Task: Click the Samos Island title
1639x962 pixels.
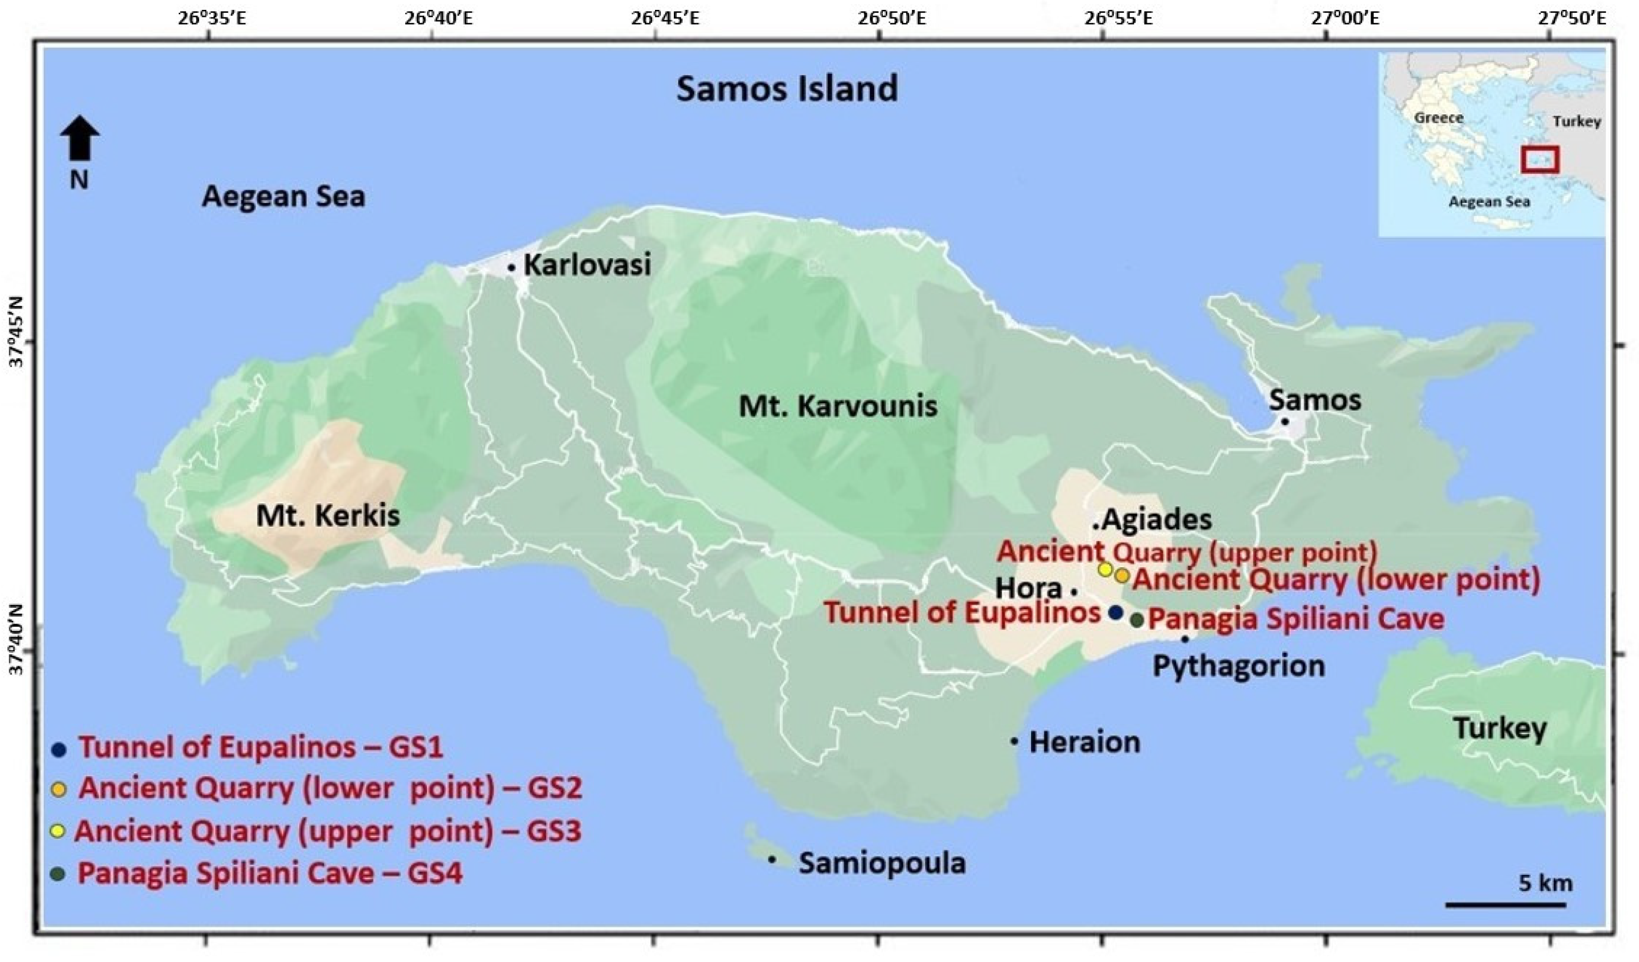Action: pos(786,89)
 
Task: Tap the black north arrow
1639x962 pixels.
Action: pos(79,139)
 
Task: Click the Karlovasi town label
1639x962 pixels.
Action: pos(587,266)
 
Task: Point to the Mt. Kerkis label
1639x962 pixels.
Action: pos(328,517)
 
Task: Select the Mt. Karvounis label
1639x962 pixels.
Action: pos(838,407)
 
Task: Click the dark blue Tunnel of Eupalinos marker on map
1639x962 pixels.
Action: pos(1115,612)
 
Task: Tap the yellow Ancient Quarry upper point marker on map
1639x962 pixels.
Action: pos(1105,569)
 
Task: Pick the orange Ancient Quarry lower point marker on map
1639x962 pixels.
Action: pos(1122,576)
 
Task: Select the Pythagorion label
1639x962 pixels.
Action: pos(1238,666)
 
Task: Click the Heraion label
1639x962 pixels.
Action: pos(1084,742)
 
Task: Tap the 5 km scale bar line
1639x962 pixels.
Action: pos(1504,904)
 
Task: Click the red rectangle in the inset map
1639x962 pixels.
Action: pos(1539,160)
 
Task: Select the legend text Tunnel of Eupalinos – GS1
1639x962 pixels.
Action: pos(260,748)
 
